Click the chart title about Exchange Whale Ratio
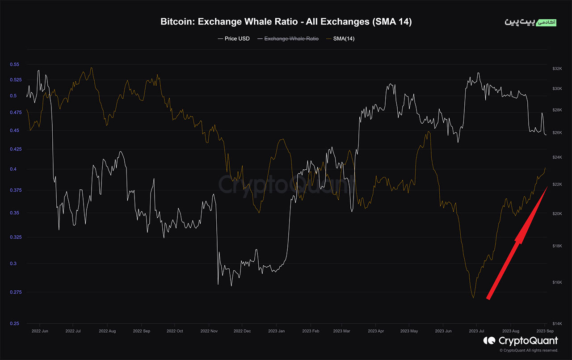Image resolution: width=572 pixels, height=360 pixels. point(286,22)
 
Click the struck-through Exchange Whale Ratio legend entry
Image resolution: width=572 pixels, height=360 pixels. point(291,38)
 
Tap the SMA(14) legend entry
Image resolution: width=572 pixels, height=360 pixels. point(344,38)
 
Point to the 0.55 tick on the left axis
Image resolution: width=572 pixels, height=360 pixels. point(14,65)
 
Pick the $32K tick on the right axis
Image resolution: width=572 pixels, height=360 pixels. point(557,69)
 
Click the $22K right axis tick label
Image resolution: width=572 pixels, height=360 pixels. point(557,184)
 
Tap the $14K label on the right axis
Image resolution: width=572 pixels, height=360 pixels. point(557,323)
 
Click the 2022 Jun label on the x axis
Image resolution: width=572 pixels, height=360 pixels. point(40,331)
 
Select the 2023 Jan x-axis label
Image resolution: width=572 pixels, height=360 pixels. point(276,331)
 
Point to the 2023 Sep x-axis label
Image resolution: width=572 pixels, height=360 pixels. point(545,331)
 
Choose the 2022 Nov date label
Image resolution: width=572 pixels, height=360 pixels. point(209,331)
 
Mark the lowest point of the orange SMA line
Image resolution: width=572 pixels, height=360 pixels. point(473,297)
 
